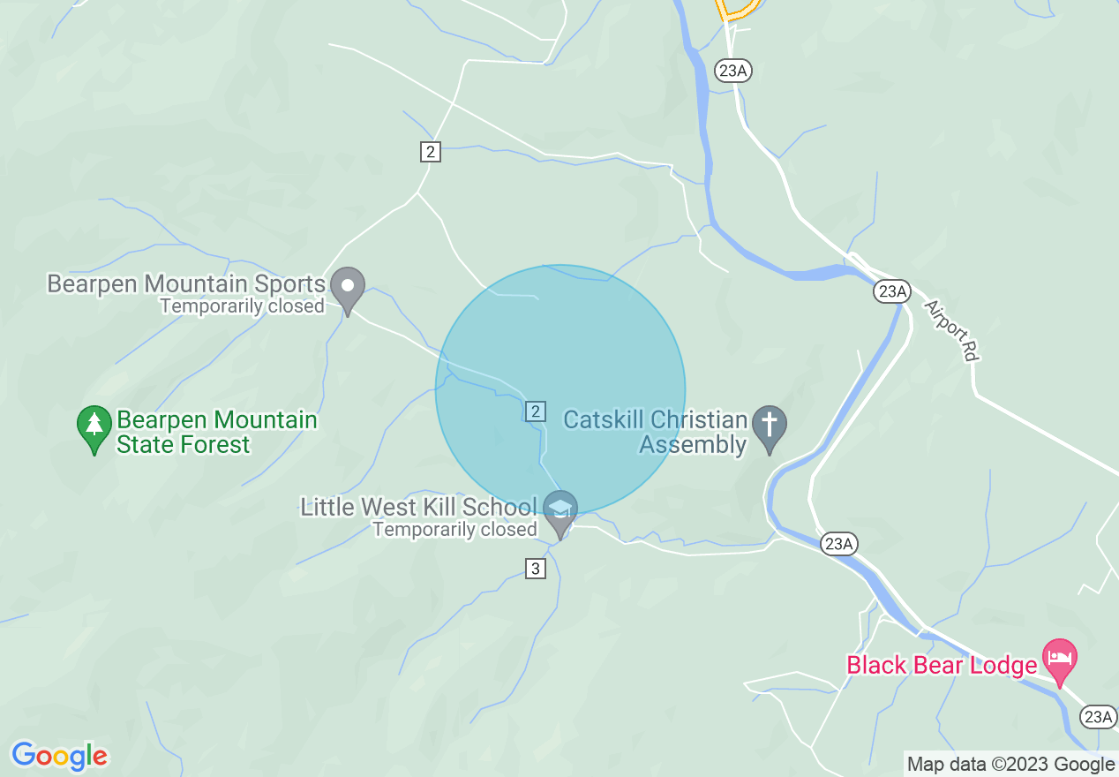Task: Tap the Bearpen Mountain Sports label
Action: click(x=186, y=284)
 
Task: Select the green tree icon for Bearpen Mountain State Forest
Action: click(x=94, y=427)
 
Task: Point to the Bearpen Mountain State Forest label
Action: click(x=216, y=432)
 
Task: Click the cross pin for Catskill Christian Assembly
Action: click(x=770, y=427)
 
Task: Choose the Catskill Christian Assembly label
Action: click(x=655, y=432)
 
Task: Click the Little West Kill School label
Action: click(x=417, y=507)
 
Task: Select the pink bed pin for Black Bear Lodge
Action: click(x=1059, y=660)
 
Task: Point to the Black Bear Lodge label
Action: click(x=942, y=665)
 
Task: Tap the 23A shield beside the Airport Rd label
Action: click(x=892, y=290)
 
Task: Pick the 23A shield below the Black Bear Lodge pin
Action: click(x=1099, y=717)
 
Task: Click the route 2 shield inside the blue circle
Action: click(x=535, y=411)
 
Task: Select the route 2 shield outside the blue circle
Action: click(x=430, y=152)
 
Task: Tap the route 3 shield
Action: click(x=535, y=569)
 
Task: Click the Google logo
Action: click(x=59, y=757)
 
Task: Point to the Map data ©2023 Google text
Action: click(x=1010, y=765)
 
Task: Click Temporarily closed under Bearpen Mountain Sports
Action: click(x=242, y=306)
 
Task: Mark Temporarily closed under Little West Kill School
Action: click(x=454, y=530)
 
